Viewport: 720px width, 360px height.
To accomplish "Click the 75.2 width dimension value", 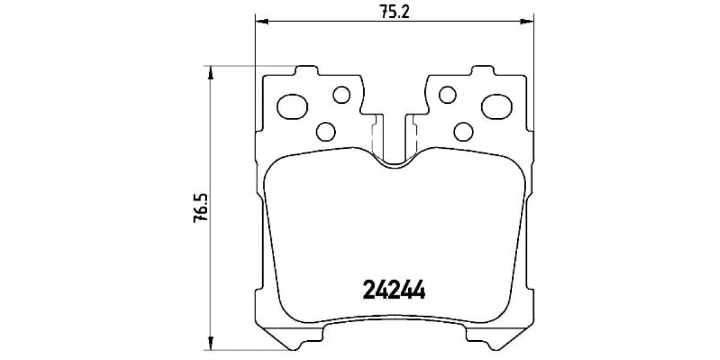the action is [395, 12].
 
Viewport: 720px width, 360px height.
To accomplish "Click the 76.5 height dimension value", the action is [201, 208].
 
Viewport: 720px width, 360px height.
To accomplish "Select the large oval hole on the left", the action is [292, 107].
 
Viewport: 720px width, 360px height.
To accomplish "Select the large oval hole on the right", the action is [497, 107].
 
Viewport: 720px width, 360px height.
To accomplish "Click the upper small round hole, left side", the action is [341, 95].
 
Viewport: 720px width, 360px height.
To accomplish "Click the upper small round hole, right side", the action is [448, 95].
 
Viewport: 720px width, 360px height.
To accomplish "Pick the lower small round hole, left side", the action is [326, 132].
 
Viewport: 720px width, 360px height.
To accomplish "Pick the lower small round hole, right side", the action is [463, 132].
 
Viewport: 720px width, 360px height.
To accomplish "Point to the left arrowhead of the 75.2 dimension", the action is [262, 22].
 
